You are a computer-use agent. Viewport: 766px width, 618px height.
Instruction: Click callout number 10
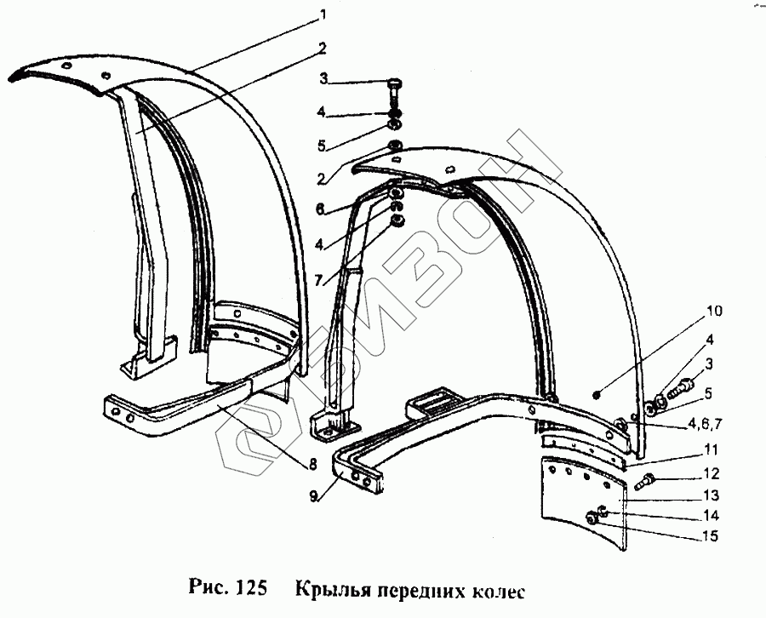[x=713, y=312]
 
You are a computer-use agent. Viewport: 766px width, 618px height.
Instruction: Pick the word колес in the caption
[x=494, y=589]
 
